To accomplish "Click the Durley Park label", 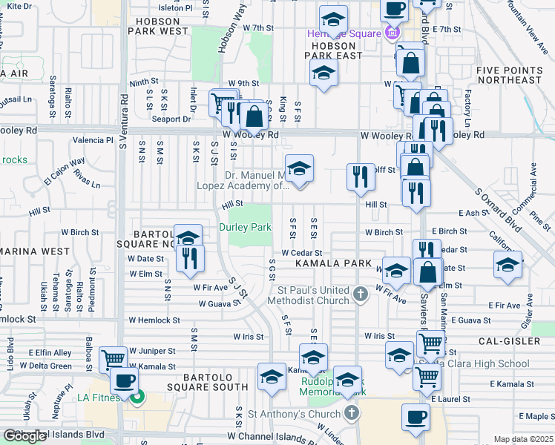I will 245,227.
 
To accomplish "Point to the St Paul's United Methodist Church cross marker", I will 360,294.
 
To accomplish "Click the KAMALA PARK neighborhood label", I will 332,263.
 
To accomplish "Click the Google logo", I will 24,436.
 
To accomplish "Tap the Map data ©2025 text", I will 523,439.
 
